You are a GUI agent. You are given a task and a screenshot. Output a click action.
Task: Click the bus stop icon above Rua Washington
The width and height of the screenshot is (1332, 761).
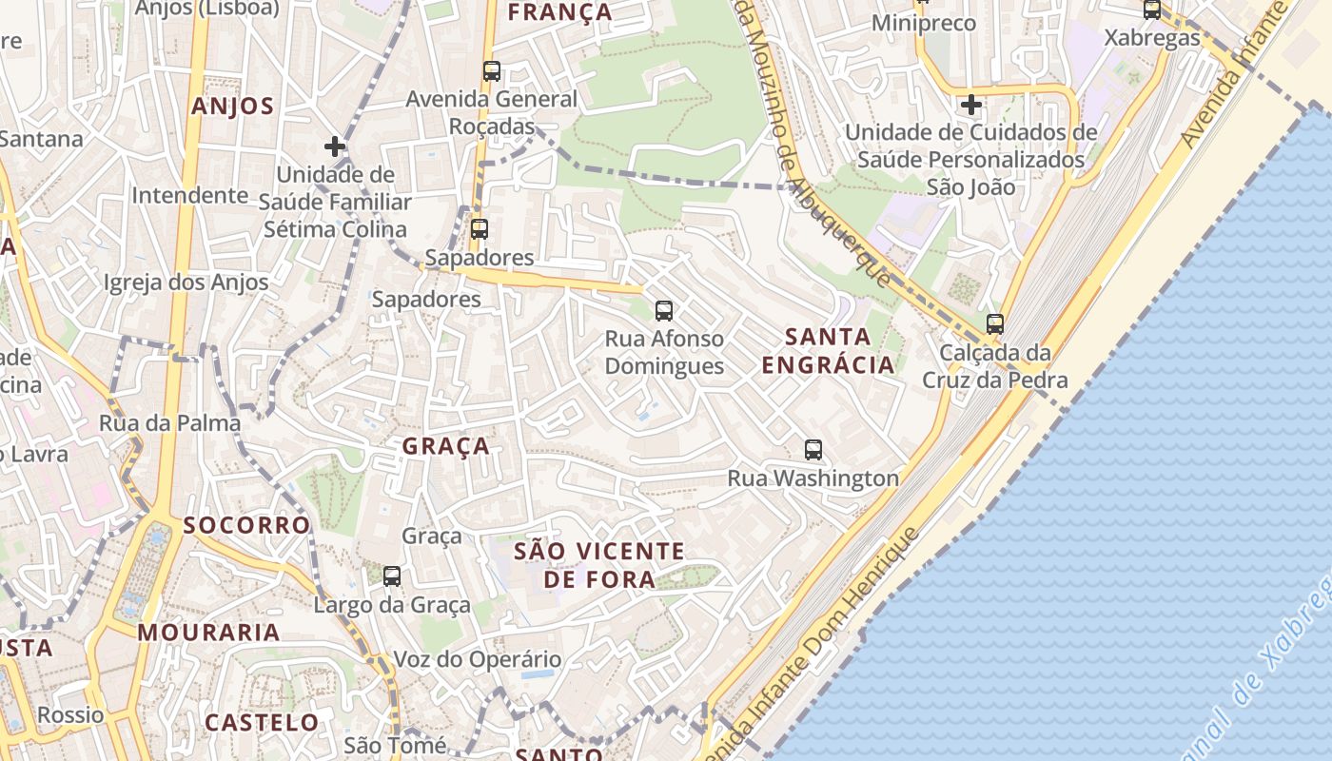(x=813, y=450)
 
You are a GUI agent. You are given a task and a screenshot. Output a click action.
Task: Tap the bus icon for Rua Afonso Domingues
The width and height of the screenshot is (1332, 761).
(x=664, y=310)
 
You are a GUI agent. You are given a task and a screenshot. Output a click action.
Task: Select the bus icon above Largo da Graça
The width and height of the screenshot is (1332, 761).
(x=391, y=576)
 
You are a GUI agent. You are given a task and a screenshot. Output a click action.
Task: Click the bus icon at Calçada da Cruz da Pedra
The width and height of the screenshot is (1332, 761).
(x=995, y=324)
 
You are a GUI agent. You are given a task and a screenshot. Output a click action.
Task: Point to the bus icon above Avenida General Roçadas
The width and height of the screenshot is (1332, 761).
(x=491, y=71)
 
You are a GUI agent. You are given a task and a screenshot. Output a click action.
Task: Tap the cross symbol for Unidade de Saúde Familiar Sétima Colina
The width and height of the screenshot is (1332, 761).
(x=335, y=146)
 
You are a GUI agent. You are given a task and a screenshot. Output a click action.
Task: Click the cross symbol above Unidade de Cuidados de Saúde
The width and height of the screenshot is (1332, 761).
(x=970, y=105)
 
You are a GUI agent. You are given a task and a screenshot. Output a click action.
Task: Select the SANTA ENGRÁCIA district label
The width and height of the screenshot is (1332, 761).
(x=828, y=350)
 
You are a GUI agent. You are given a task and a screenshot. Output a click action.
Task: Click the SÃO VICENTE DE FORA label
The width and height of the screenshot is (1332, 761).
(x=599, y=565)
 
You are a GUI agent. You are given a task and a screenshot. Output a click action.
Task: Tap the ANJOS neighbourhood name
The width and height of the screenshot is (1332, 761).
(x=233, y=107)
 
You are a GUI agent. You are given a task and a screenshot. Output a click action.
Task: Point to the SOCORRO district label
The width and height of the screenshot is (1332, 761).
(x=246, y=525)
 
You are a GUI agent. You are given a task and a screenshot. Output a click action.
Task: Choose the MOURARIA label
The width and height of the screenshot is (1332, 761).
(x=208, y=633)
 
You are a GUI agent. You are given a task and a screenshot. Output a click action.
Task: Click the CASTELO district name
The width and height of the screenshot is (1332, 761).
(x=262, y=723)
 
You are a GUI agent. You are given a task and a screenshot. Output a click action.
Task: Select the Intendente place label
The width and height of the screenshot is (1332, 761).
(x=189, y=196)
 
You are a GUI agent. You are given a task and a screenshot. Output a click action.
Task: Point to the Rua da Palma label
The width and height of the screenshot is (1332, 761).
(x=170, y=423)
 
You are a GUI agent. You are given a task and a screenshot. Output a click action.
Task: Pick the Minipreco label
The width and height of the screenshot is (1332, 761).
(x=924, y=23)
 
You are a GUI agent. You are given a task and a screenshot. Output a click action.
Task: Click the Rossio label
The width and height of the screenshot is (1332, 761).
(x=70, y=715)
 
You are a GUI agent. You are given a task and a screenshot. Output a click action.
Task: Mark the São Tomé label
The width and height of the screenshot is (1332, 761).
(x=395, y=746)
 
